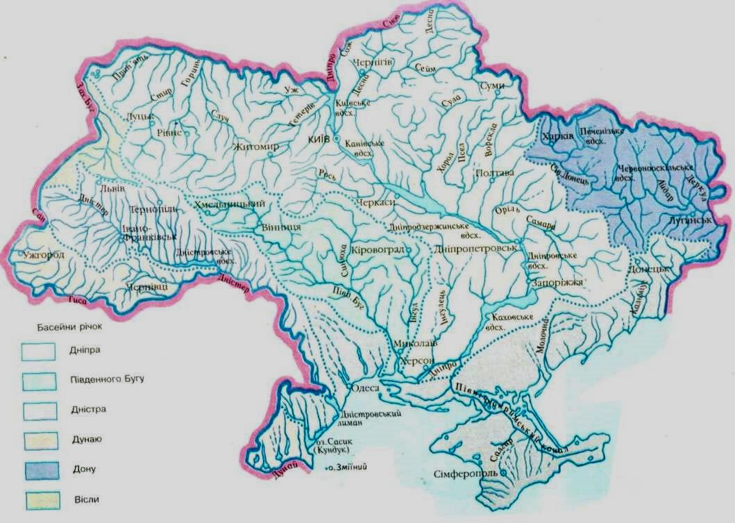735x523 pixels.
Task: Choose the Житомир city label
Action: tap(256, 147)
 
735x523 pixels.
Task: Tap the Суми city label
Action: tap(491, 85)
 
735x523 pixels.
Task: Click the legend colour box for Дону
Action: tap(39, 470)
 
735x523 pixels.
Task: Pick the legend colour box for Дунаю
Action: tap(39, 440)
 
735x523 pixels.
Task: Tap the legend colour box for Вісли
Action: tap(39, 500)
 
